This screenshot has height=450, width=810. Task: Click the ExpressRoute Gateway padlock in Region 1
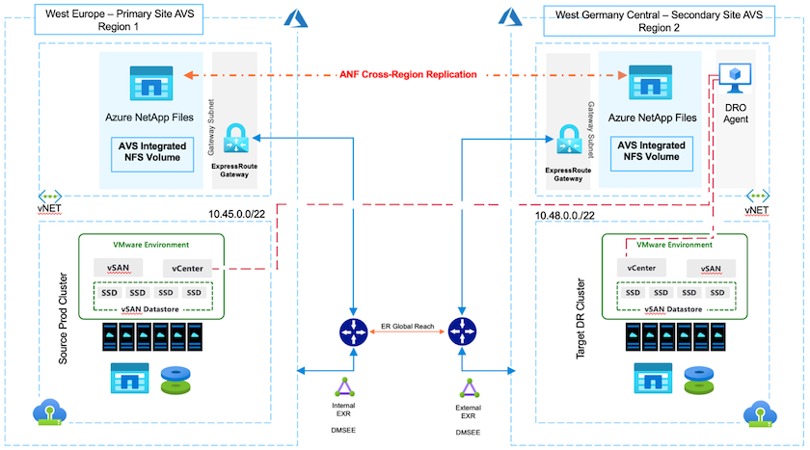tap(237, 140)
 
